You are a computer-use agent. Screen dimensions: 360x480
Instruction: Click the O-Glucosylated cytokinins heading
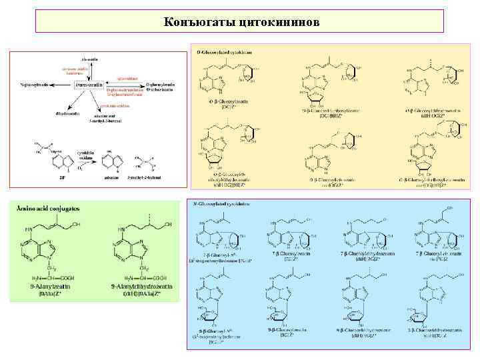point(224,52)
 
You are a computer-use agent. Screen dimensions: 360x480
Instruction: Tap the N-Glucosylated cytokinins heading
point(223,203)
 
